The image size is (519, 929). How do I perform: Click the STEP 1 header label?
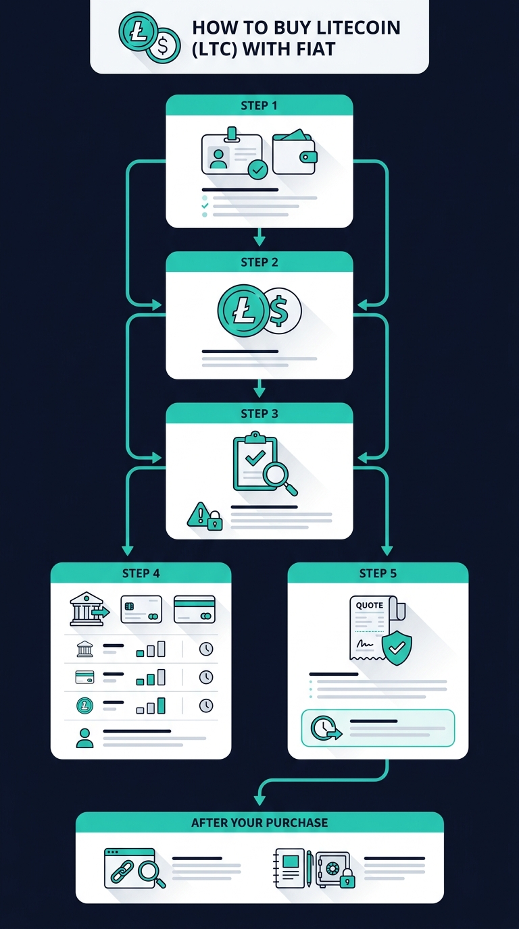coord(259,106)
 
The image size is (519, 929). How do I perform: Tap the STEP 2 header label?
coord(259,262)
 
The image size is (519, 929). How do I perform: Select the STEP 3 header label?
coord(259,413)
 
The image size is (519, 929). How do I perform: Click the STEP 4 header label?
coord(141,573)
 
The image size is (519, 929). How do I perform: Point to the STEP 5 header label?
coord(378,573)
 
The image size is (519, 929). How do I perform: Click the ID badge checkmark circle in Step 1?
coord(258,169)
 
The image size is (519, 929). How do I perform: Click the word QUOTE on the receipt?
coord(369,605)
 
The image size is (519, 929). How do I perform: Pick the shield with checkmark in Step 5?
coord(397,648)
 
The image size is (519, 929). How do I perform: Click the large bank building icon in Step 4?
coord(87,609)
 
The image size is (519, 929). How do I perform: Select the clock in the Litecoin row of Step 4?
coord(206,706)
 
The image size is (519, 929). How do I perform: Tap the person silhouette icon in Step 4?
coord(84,738)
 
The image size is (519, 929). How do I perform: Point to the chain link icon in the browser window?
coord(122,872)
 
